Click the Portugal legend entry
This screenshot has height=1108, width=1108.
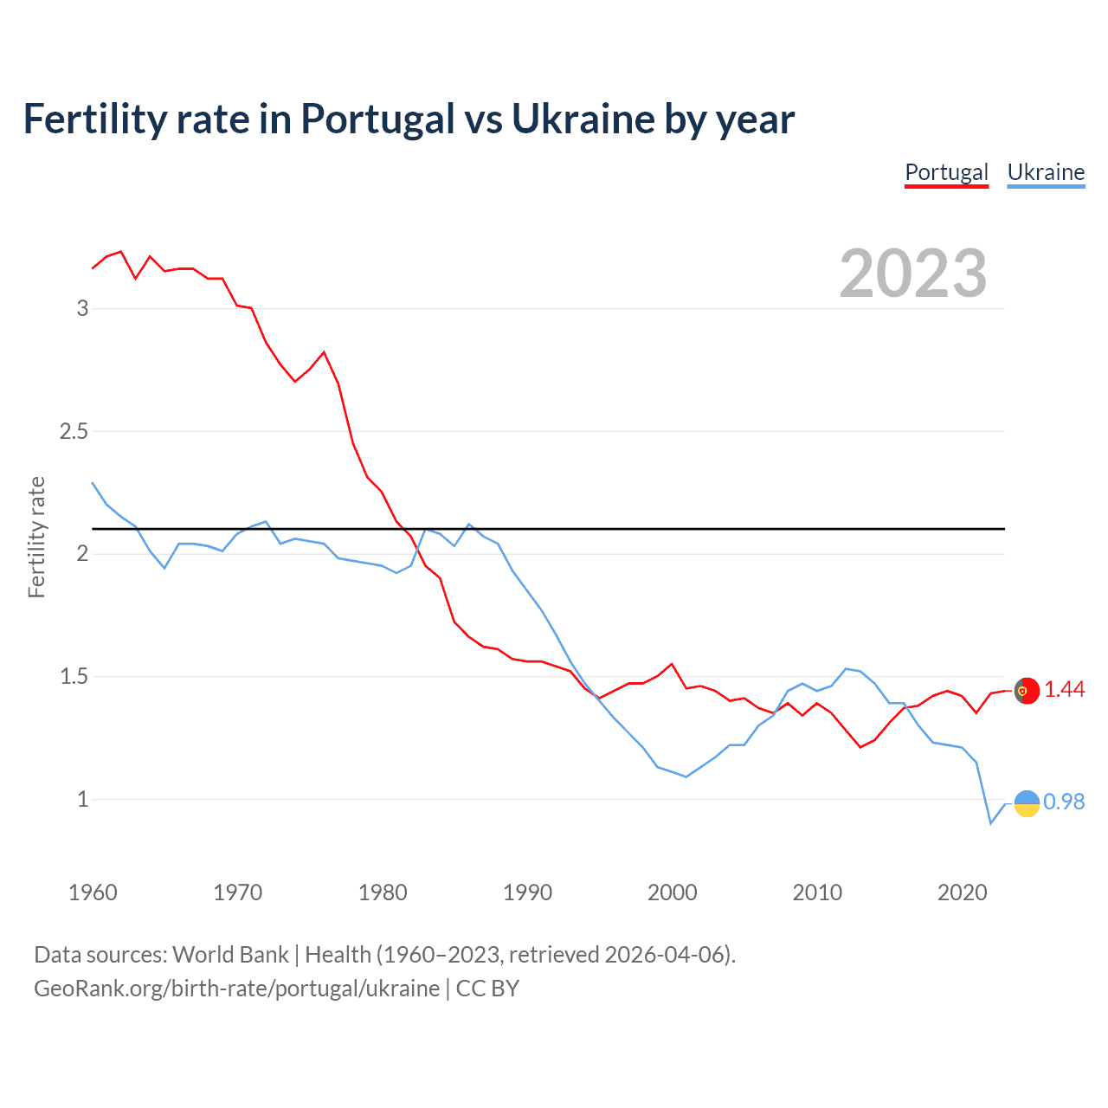[x=946, y=172]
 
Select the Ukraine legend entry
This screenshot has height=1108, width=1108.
[x=1046, y=172]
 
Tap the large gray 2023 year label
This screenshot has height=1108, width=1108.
[x=913, y=274]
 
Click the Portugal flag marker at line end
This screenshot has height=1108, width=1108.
[x=1027, y=690]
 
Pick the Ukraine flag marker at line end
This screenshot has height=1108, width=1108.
[x=1027, y=803]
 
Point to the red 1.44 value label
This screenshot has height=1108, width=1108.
[x=1064, y=689]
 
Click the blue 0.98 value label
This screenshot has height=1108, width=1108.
[x=1064, y=802]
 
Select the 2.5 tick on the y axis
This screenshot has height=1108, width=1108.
[x=74, y=431]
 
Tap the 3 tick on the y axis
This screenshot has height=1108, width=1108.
[x=82, y=308]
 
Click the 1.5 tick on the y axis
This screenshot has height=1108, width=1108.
[x=74, y=676]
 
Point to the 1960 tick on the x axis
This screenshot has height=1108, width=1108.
[x=93, y=892]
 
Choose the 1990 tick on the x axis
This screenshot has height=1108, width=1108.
[x=527, y=892]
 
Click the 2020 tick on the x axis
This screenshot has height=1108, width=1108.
[x=962, y=892]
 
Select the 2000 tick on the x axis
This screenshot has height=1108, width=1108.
[x=672, y=892]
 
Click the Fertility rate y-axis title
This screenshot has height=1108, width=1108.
[x=36, y=537]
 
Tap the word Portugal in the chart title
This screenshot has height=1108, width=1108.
[x=377, y=119]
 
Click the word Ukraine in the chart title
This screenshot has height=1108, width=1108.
[x=583, y=119]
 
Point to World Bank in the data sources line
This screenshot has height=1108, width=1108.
[x=230, y=955]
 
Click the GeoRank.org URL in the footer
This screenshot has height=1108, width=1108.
[x=236, y=989]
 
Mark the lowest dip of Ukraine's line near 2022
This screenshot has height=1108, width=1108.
[x=991, y=823]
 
